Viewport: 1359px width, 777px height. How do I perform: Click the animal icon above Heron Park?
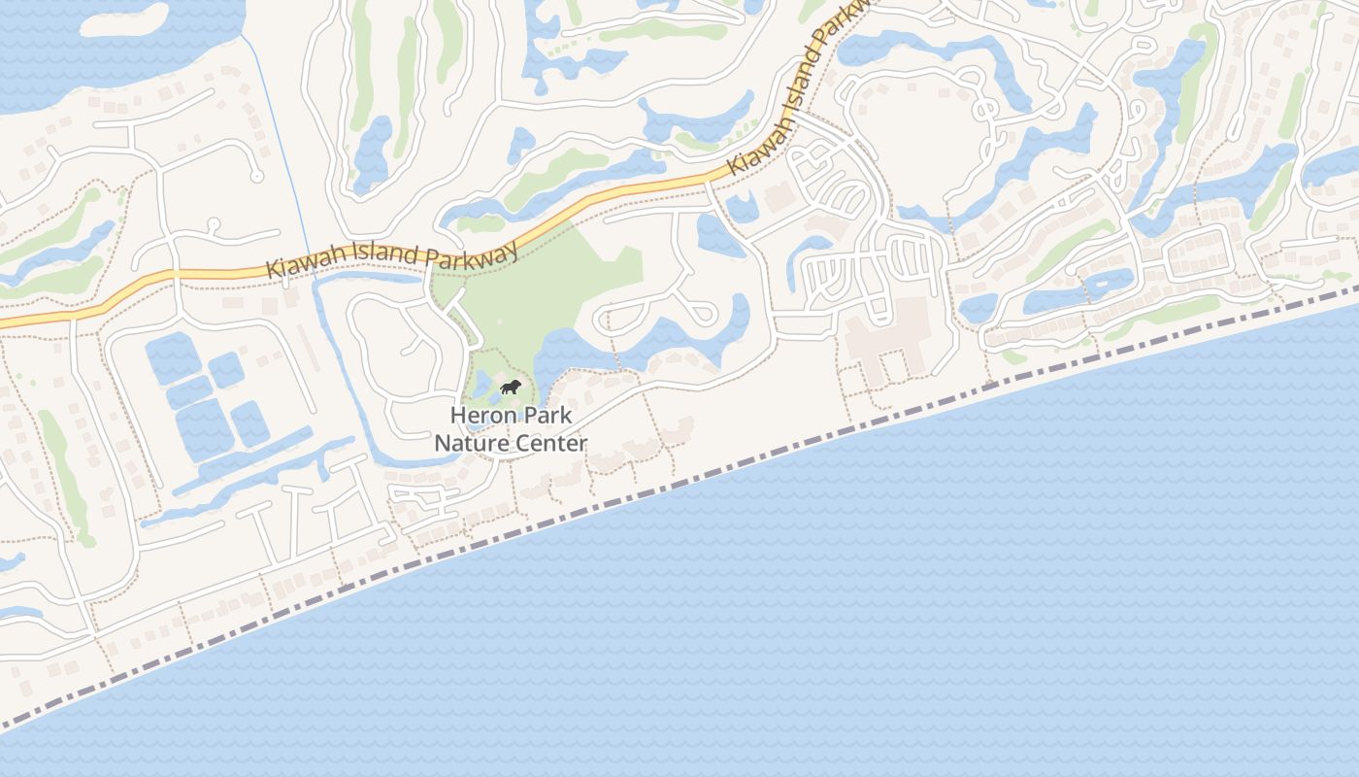click(x=511, y=388)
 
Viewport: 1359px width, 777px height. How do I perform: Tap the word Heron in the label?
click(x=481, y=416)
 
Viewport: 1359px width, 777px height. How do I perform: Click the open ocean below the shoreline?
click(x=874, y=602)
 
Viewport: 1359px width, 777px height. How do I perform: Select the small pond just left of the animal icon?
click(x=481, y=383)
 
